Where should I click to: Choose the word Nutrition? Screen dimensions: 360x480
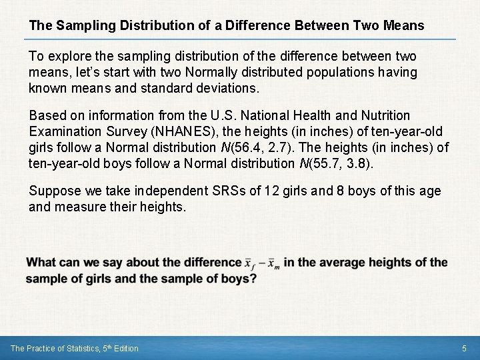[x=382, y=116]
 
